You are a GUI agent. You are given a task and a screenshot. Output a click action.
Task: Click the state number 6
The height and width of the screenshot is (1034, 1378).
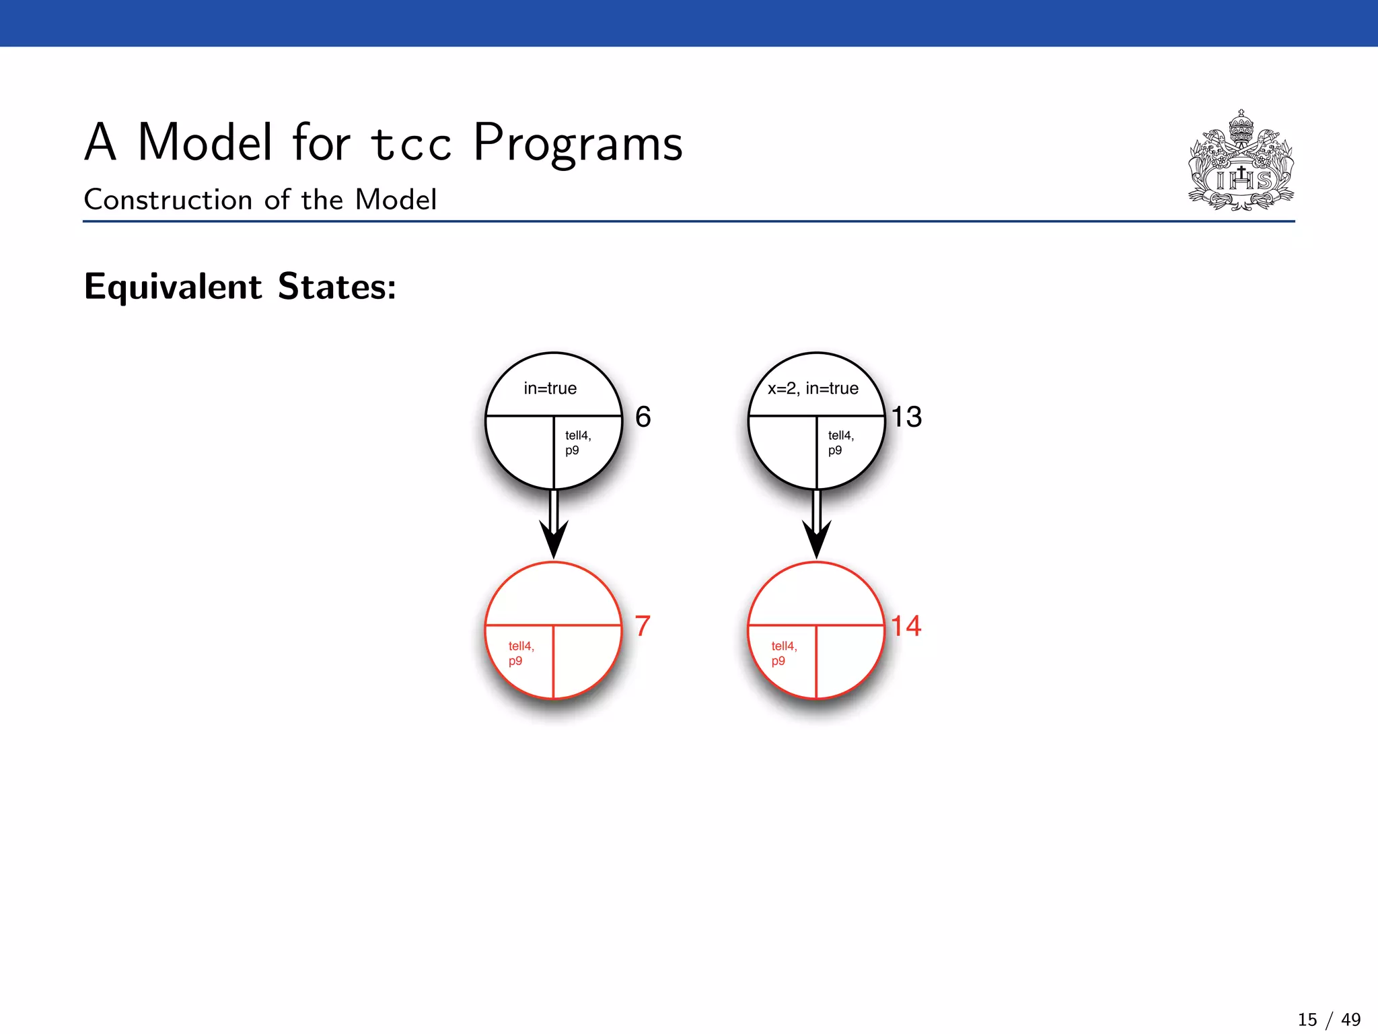tap(643, 417)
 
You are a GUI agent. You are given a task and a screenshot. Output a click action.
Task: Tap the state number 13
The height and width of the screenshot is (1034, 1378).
tap(906, 417)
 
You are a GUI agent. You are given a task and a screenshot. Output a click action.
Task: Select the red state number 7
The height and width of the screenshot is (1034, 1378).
tap(643, 626)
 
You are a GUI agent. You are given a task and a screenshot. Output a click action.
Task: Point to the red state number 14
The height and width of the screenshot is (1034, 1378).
tap(906, 626)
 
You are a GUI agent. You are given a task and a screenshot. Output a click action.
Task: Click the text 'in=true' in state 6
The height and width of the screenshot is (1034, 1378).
tap(550, 388)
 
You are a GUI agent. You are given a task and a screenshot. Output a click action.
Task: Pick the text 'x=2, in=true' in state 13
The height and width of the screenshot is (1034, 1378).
tap(813, 388)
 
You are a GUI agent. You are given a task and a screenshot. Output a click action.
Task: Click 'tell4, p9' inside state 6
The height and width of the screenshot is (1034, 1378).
tap(577, 443)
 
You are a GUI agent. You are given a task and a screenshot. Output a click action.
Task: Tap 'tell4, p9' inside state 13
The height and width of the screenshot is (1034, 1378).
tap(840, 443)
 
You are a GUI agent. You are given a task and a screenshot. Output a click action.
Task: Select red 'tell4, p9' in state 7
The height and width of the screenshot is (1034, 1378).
tap(521, 653)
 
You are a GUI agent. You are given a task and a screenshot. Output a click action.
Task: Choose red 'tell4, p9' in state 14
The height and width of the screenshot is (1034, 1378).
tap(784, 653)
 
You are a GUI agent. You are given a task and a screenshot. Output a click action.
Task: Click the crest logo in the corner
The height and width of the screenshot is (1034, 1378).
tap(1241, 162)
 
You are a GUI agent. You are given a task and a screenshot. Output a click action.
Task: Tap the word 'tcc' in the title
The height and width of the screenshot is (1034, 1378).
tap(410, 144)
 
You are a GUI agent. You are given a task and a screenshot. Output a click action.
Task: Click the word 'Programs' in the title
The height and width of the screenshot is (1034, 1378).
tap(578, 144)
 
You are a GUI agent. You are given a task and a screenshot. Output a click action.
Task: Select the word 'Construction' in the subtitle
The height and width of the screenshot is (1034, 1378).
tap(168, 200)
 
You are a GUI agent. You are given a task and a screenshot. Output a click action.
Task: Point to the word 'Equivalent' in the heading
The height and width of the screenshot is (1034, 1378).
tap(173, 287)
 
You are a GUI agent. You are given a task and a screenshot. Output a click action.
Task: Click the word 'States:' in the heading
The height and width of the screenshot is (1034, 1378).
tap(337, 287)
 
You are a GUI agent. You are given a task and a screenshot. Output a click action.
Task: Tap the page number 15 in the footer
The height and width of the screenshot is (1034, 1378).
tap(1307, 1020)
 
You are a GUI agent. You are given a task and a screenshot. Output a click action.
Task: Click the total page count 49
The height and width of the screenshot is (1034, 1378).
tap(1350, 1020)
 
